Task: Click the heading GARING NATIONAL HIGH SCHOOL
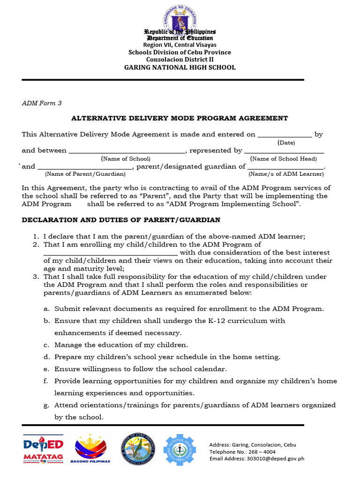[x=180, y=67]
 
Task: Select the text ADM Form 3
[x=42, y=103]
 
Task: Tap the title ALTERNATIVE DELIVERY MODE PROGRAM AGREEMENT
[x=180, y=118]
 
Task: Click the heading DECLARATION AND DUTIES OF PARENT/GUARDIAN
[x=121, y=220]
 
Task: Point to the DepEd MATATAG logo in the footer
[x=43, y=449]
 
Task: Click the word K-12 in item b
[x=219, y=321]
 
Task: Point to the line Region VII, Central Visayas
[x=180, y=45]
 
